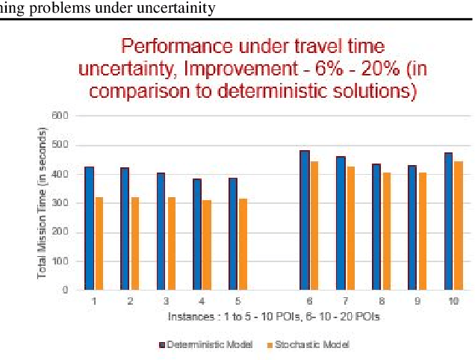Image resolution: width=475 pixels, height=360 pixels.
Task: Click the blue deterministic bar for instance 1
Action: pos(90,228)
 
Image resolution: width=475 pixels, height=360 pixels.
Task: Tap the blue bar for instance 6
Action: pos(305,220)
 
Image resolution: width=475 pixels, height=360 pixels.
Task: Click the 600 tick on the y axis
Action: pos(60,116)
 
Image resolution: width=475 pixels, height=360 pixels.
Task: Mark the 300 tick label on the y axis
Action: pos(60,203)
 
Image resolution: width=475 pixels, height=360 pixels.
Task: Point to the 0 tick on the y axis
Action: pos(65,290)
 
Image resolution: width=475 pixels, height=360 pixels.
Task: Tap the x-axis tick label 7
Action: pos(345,301)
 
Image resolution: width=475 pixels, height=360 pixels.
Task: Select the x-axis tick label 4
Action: pos(202,301)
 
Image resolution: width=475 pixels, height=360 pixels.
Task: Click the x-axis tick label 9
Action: pos(417,301)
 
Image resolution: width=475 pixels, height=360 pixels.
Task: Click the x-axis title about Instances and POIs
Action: pos(273,317)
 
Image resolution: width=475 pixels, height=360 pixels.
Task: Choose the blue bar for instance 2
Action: pos(125,229)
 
